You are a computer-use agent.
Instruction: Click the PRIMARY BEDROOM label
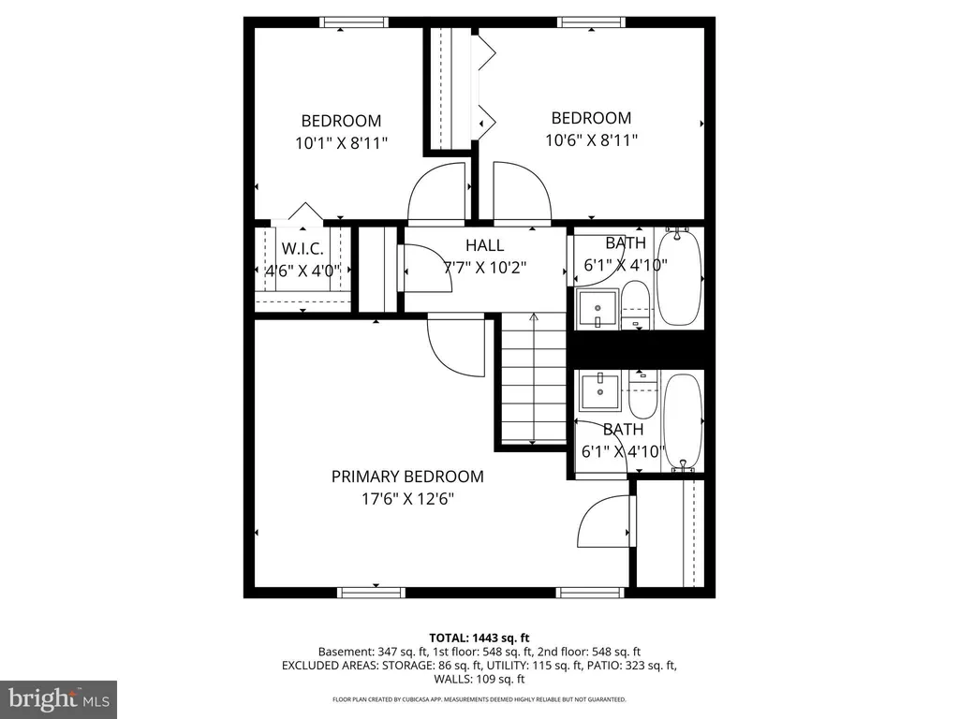[407, 477]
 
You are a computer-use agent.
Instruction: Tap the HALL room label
[484, 245]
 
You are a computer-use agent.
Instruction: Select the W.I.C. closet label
[302, 249]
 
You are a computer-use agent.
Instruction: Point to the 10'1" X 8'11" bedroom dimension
[341, 143]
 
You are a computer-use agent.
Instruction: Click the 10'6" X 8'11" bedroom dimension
[592, 140]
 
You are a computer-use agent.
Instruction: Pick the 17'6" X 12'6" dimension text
[407, 499]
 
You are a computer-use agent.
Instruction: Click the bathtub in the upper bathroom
[678, 277]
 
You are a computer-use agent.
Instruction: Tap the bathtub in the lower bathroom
[683, 422]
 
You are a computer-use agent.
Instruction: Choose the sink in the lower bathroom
[600, 389]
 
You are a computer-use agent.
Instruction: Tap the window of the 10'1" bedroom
[353, 22]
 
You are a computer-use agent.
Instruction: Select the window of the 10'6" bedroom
[592, 22]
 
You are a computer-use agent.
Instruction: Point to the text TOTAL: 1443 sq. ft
[479, 638]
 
